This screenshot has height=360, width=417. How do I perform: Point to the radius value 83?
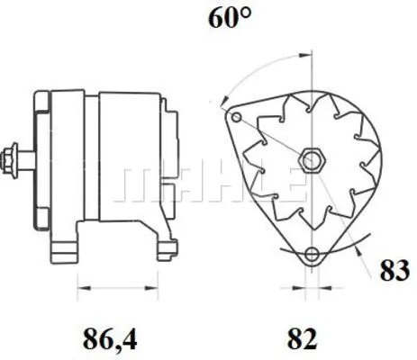[394, 271]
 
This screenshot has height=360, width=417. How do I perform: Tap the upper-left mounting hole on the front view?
[237, 119]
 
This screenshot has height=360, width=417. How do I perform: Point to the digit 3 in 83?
[403, 271]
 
